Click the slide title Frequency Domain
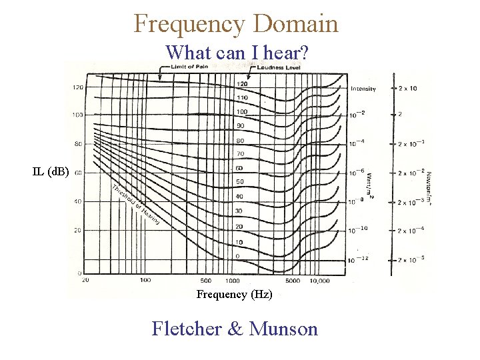pos(236,24)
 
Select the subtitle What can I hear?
pos(236,52)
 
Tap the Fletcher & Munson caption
pos(235,329)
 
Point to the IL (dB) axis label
pos(51,172)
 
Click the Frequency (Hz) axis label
pos(234,294)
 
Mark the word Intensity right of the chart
pos(363,89)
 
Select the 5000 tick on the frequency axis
pos(293,281)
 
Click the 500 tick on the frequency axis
pos(206,281)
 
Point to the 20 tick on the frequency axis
pos(85,280)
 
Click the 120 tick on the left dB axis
pos(78,87)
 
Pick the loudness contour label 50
pos(240,181)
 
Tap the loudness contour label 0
pos(238,256)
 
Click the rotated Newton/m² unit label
pos(427,187)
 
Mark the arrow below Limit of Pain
pos(161,75)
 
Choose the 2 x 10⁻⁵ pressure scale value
pos(411,258)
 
